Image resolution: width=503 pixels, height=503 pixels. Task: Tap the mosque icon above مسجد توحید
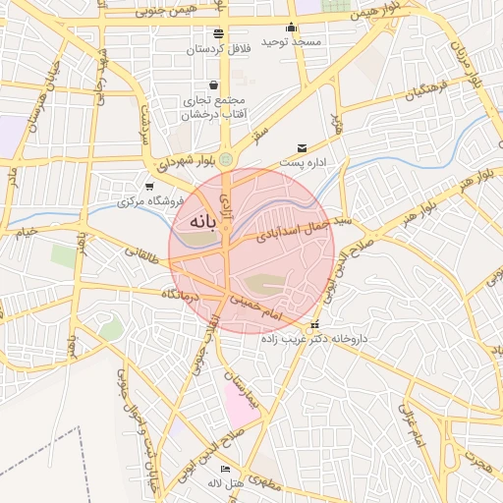tap(291, 28)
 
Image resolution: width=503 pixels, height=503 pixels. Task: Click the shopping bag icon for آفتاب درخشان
tap(213, 84)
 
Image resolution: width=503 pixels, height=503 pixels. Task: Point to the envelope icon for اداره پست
tap(302, 147)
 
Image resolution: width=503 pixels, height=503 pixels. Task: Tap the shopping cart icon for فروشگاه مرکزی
tap(148, 187)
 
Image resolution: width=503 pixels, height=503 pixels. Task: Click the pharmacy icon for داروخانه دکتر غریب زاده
tap(314, 325)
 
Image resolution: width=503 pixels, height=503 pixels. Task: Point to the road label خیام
tap(25, 232)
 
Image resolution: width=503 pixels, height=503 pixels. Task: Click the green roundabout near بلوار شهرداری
tap(227, 159)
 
